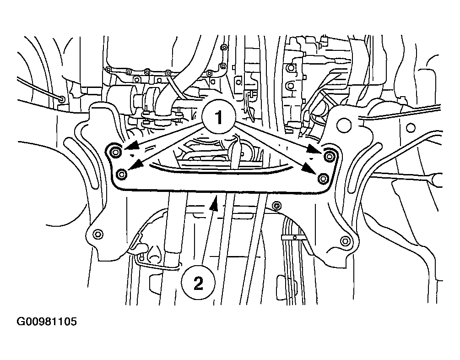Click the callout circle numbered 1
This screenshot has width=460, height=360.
click(x=219, y=117)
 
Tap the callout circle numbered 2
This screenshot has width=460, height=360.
click(x=198, y=283)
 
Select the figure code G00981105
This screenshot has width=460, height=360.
click(x=47, y=321)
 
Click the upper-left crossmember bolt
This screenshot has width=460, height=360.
click(x=115, y=152)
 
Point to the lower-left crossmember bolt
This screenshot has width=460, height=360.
click(x=121, y=174)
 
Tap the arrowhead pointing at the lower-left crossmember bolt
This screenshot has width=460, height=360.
click(x=135, y=165)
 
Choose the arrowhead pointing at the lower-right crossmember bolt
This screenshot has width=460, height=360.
click(x=310, y=169)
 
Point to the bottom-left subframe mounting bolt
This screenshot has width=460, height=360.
click(x=97, y=235)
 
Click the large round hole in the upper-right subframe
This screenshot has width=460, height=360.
click(x=344, y=125)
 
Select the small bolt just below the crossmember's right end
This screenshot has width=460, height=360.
click(x=276, y=206)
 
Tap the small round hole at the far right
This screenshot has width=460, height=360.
click(x=411, y=128)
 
